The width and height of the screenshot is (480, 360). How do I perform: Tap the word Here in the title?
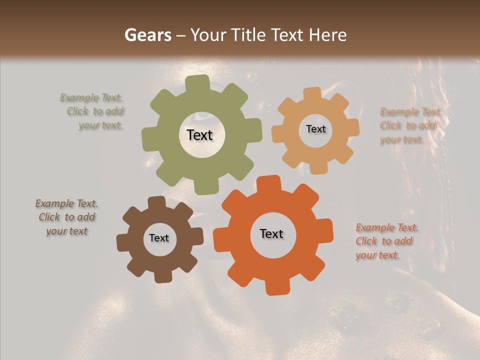coord(327,35)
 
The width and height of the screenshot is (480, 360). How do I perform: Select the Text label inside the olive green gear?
coord(199,135)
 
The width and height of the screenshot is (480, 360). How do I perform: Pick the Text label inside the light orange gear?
coord(315,129)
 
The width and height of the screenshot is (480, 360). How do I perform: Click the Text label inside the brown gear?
coord(159,238)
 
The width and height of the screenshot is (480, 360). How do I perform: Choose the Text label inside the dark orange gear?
coord(271,233)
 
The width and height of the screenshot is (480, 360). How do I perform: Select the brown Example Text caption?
coord(66,217)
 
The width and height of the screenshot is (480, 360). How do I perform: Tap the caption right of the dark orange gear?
coord(386,241)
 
